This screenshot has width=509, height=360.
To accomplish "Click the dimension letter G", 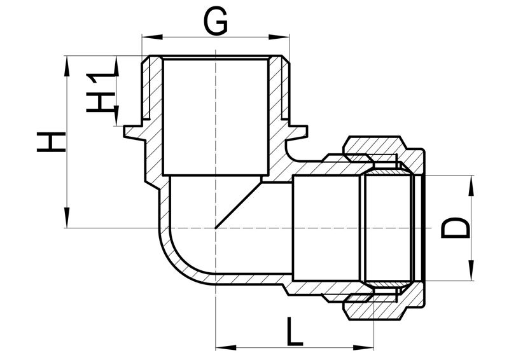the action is [x=215, y=22].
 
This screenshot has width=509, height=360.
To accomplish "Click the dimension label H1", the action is [x=101, y=92].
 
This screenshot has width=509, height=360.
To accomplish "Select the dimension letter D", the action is [x=456, y=228].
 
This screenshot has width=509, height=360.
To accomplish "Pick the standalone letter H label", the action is [x=52, y=142].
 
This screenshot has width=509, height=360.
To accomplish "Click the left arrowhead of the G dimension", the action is [x=152, y=36].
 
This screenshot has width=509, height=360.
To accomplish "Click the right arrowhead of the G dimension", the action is [x=279, y=36].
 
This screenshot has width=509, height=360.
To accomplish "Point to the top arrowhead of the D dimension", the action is [x=471, y=185].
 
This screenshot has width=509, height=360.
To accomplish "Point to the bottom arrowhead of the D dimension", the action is [x=471, y=270].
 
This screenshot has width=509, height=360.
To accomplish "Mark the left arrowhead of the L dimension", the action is [x=225, y=348].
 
